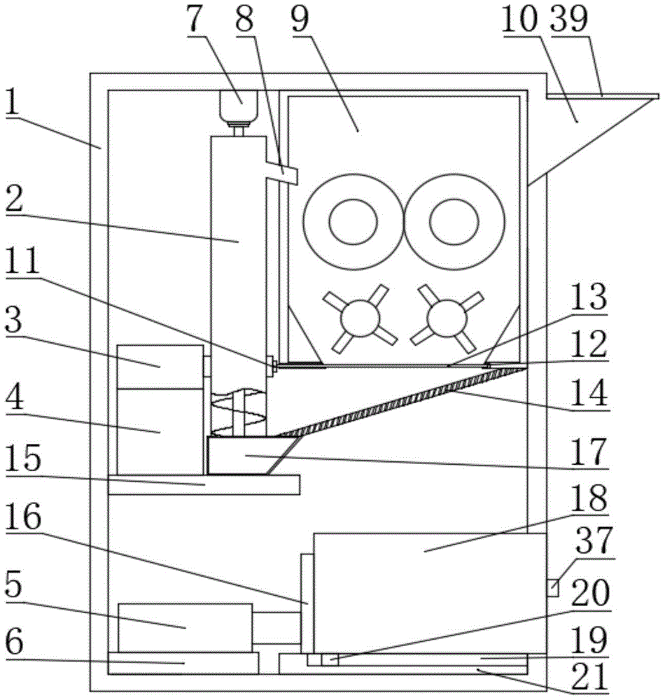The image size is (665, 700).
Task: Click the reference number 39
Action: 570,20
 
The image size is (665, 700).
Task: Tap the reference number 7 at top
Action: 195,20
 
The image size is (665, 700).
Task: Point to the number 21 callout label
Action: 590,677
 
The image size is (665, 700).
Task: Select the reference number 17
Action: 589,451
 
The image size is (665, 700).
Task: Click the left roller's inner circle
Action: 353,222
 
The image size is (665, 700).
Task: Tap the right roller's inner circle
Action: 454,222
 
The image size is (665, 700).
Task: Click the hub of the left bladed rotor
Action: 360,318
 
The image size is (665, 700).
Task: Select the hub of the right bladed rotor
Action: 447,318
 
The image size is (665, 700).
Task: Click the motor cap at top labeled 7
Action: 239,106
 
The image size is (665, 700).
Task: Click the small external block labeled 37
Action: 553,587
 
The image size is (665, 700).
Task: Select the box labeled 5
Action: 185,628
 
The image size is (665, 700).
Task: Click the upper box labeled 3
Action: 160,367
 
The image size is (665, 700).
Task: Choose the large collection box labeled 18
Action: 430,594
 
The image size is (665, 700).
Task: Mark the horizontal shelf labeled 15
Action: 204,485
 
